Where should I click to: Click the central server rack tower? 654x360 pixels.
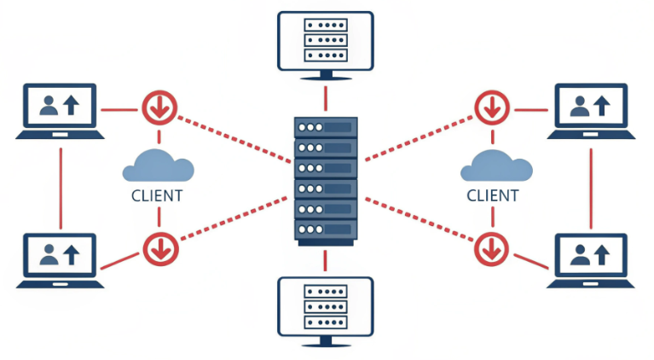point(325,181)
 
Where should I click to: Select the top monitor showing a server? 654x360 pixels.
point(326,40)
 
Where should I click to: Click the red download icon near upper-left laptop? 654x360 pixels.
point(159,107)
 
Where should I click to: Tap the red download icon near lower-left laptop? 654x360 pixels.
point(159,248)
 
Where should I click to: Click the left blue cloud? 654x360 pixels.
point(153,164)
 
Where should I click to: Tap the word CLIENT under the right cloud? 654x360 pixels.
point(492,195)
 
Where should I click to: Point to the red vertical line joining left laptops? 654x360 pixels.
point(60,185)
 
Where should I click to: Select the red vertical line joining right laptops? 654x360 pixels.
point(592,185)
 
